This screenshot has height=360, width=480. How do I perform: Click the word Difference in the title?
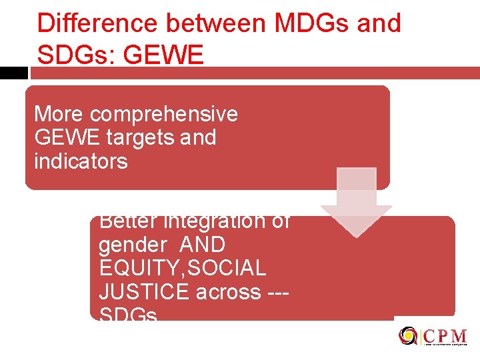pyautogui.click(x=97, y=23)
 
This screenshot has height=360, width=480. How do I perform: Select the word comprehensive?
pyautogui.click(x=164, y=114)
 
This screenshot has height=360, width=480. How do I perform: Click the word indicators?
pyautogui.click(x=81, y=161)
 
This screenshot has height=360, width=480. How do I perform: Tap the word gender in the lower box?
pyautogui.click(x=133, y=245)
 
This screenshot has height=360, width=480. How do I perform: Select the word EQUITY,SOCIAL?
pyautogui.click(x=182, y=268)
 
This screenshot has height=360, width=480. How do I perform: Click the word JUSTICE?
pyautogui.click(x=137, y=291)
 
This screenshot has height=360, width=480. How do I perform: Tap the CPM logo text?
pyautogui.click(x=444, y=335)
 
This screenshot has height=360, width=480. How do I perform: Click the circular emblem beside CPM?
pyautogui.click(x=408, y=336)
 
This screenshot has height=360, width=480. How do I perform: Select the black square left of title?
pyautogui.click(x=13, y=73)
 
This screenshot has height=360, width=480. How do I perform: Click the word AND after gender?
pyautogui.click(x=203, y=245)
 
